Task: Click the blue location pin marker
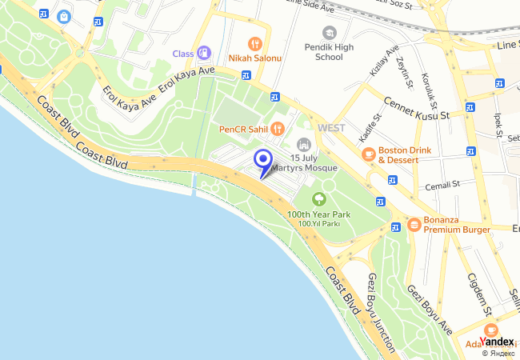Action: [x=262, y=160]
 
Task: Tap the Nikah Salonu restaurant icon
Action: [x=255, y=43]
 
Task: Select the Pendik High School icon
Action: [x=329, y=32]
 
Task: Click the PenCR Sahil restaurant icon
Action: [x=278, y=128]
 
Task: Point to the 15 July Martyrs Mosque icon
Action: [x=303, y=144]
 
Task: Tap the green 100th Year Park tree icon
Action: [x=319, y=198]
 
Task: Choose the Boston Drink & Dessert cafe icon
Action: [x=368, y=154]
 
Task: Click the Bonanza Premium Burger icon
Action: [x=414, y=225]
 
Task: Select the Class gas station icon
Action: [x=204, y=53]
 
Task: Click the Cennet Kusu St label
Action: [x=418, y=109]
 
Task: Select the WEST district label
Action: [x=331, y=128]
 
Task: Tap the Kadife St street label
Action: [x=368, y=129]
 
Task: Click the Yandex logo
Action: [x=497, y=342]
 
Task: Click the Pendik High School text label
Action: [x=329, y=52]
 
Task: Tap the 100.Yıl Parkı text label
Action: [x=320, y=223]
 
